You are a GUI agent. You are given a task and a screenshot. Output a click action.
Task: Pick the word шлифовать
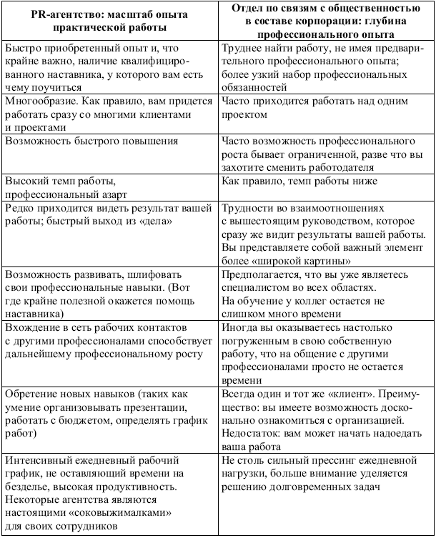(x=162, y=274)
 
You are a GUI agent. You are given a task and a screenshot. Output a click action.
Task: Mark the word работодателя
(x=340, y=167)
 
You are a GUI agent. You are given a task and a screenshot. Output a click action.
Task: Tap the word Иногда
(x=241, y=328)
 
